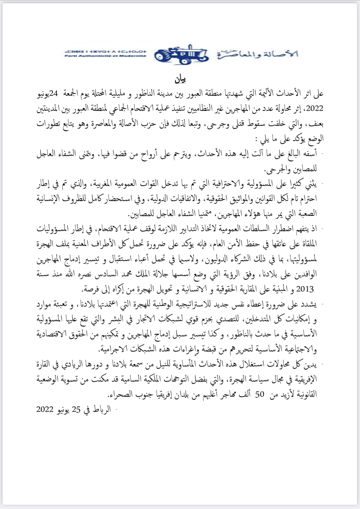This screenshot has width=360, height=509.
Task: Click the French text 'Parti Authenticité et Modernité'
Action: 106,56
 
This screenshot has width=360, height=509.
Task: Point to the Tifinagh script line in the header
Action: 106,52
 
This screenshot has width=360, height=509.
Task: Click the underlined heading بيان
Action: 180,79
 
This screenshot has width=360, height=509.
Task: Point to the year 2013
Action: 305,289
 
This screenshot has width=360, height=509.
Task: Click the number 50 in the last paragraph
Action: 260,395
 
